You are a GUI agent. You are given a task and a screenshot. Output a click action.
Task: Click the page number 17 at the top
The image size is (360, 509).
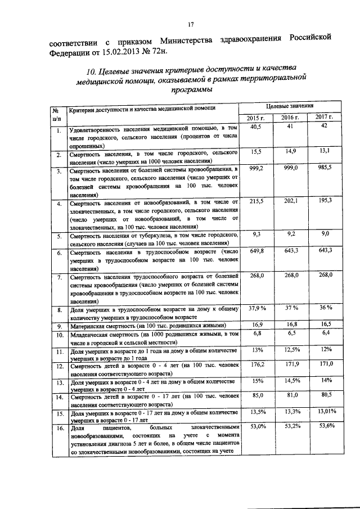pos(190,24)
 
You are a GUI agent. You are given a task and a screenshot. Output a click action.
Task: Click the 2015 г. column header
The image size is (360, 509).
pos(256,118)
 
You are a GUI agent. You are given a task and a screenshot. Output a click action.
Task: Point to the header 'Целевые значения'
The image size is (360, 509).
pos(289,106)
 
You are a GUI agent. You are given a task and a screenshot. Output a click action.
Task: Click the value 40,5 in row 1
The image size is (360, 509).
pos(256,128)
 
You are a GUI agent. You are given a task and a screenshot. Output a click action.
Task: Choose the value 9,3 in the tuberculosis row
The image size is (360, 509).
pos(256,233)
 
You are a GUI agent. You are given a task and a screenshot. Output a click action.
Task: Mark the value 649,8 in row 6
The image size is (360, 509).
pos(257,251)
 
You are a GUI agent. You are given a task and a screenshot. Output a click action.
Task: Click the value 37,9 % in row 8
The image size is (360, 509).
pos(257,308)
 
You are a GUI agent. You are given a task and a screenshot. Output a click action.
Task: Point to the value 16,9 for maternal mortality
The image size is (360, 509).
pos(257,325)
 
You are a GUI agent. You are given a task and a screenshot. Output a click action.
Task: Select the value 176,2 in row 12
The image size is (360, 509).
pos(258,365)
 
